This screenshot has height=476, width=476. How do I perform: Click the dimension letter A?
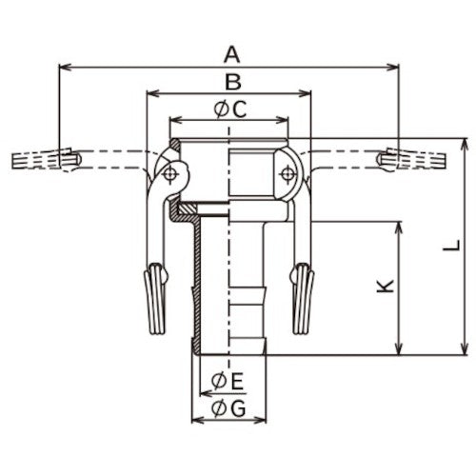pos(232,54)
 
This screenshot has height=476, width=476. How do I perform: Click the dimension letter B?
pos(233,81)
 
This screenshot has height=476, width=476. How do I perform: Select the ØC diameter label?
pos(230,109)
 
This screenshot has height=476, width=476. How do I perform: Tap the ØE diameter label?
pos(228,381)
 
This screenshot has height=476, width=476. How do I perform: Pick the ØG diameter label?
pos(228,408)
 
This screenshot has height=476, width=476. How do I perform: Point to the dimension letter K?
pos(385,286)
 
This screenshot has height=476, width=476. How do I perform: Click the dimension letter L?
pos(451,246)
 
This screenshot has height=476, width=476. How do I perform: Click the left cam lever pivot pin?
pos(169,174)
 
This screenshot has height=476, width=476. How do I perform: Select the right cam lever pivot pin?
pos(288,173)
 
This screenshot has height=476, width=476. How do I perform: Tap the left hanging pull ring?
pos(155,299)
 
